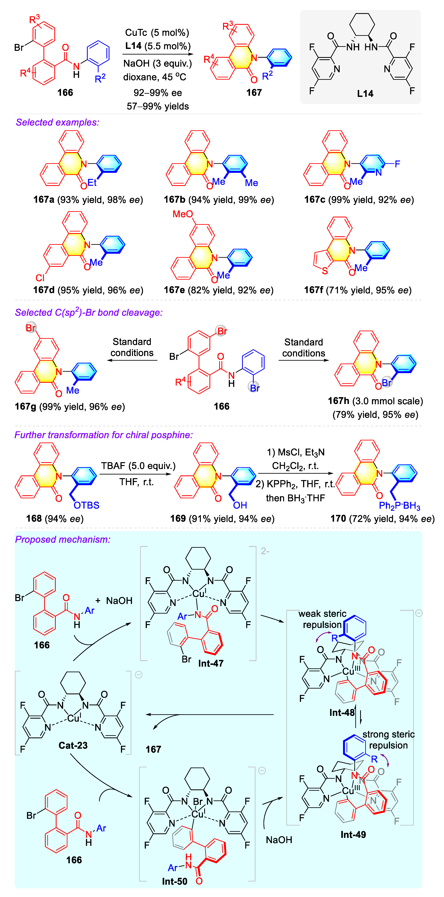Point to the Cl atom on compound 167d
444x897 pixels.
[x=40, y=278]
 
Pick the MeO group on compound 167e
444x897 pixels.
[x=183, y=214]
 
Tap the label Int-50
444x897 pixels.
[x=175, y=881]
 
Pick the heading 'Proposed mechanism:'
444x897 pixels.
[x=63, y=539]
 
